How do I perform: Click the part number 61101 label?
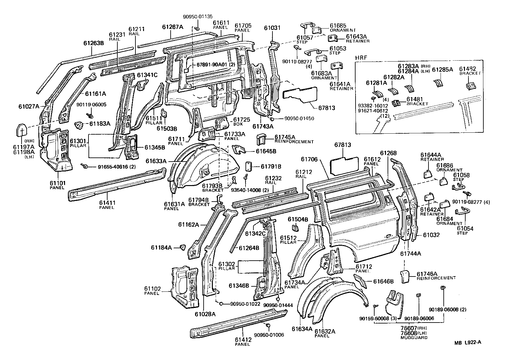click(x=57, y=183)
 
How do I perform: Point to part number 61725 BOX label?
click(x=242, y=120)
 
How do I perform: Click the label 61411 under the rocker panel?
click(x=107, y=203)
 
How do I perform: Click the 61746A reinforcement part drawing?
click(x=404, y=276)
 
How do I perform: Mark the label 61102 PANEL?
click(x=154, y=289)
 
